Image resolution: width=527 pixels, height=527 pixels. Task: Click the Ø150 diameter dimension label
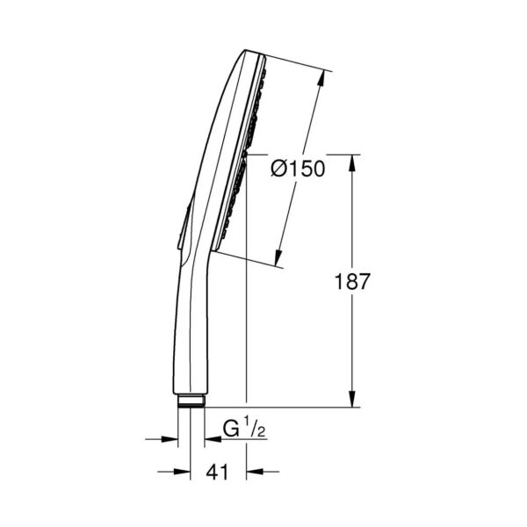point(298,169)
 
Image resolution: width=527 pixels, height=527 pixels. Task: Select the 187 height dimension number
point(352,281)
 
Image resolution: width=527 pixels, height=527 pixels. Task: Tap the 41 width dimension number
point(217,472)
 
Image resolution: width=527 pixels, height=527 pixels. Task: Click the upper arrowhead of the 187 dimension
point(352,163)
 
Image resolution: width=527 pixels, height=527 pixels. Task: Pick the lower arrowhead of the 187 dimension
point(352,399)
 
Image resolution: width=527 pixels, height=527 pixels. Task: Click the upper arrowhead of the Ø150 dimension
point(321,78)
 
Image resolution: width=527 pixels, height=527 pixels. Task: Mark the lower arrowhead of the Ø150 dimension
point(278,257)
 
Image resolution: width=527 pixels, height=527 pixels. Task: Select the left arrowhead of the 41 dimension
point(182,472)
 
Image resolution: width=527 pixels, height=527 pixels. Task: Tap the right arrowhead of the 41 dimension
point(255,472)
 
